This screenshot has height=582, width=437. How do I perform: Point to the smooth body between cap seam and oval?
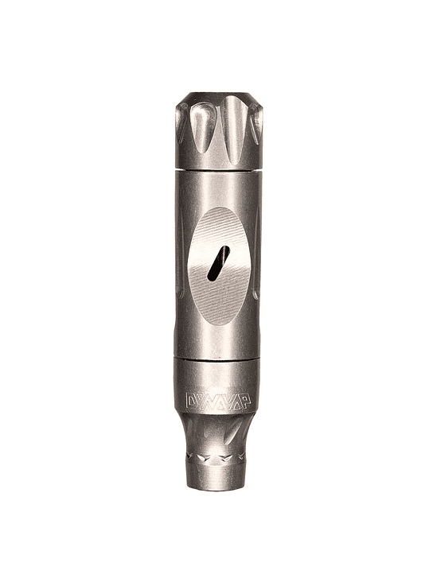pyautogui.click(x=218, y=191)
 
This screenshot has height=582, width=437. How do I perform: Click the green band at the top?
pyautogui.click(x=218, y=36)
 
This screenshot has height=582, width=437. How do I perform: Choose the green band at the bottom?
pyautogui.click(x=218, y=545)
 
